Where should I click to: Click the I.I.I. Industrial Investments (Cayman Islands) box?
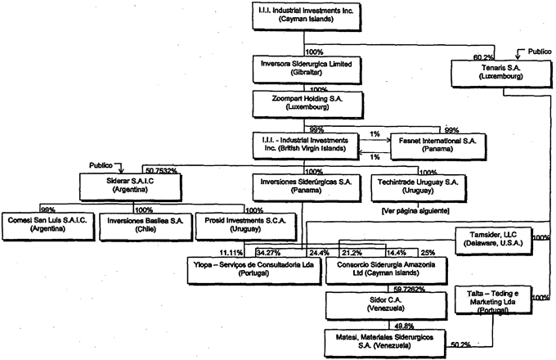tap(303, 15)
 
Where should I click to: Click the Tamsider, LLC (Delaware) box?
tap(492, 239)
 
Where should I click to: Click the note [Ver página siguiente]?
tap(414, 210)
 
